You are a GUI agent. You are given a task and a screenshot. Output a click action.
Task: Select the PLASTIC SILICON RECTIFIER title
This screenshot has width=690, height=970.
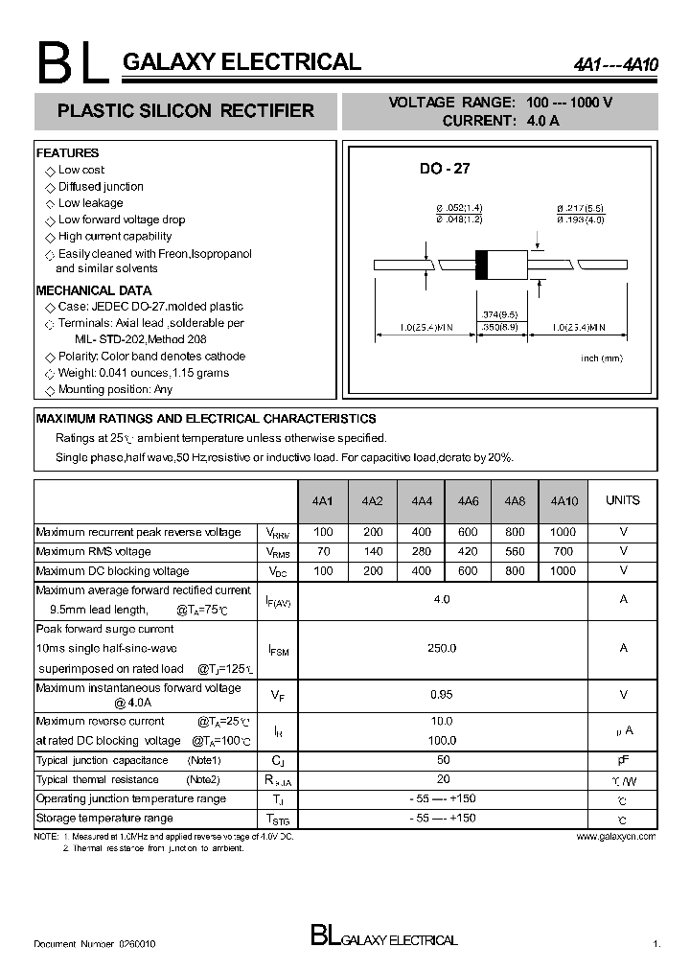tap(186, 111)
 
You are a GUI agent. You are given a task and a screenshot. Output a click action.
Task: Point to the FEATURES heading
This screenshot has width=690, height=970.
tap(67, 153)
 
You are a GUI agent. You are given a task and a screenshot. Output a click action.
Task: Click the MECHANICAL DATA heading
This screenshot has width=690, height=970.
tap(94, 290)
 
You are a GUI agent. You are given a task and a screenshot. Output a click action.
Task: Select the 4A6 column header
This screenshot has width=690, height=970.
tap(468, 501)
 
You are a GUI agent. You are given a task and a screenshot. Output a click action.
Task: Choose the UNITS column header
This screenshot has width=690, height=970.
tap(623, 500)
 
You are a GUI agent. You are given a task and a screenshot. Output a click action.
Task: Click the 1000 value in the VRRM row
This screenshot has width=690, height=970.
tap(563, 532)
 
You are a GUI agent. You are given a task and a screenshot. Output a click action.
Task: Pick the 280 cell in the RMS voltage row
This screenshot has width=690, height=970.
tap(420, 551)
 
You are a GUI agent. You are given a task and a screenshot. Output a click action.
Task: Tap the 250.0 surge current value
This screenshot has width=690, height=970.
tap(442, 648)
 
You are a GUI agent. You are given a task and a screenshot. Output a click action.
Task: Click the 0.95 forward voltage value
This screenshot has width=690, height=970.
tap(442, 695)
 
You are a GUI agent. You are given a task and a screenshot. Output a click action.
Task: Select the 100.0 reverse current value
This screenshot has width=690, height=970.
tap(442, 741)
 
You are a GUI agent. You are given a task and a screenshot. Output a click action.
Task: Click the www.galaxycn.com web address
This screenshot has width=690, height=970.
tap(616, 837)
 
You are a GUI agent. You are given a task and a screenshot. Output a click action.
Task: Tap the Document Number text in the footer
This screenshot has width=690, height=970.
tap(95, 944)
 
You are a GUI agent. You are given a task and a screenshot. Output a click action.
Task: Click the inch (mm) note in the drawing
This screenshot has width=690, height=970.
tap(601, 358)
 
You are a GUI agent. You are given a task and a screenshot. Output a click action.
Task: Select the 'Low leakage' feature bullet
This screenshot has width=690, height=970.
tap(90, 203)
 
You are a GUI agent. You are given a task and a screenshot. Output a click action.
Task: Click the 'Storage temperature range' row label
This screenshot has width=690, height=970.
tap(104, 819)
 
